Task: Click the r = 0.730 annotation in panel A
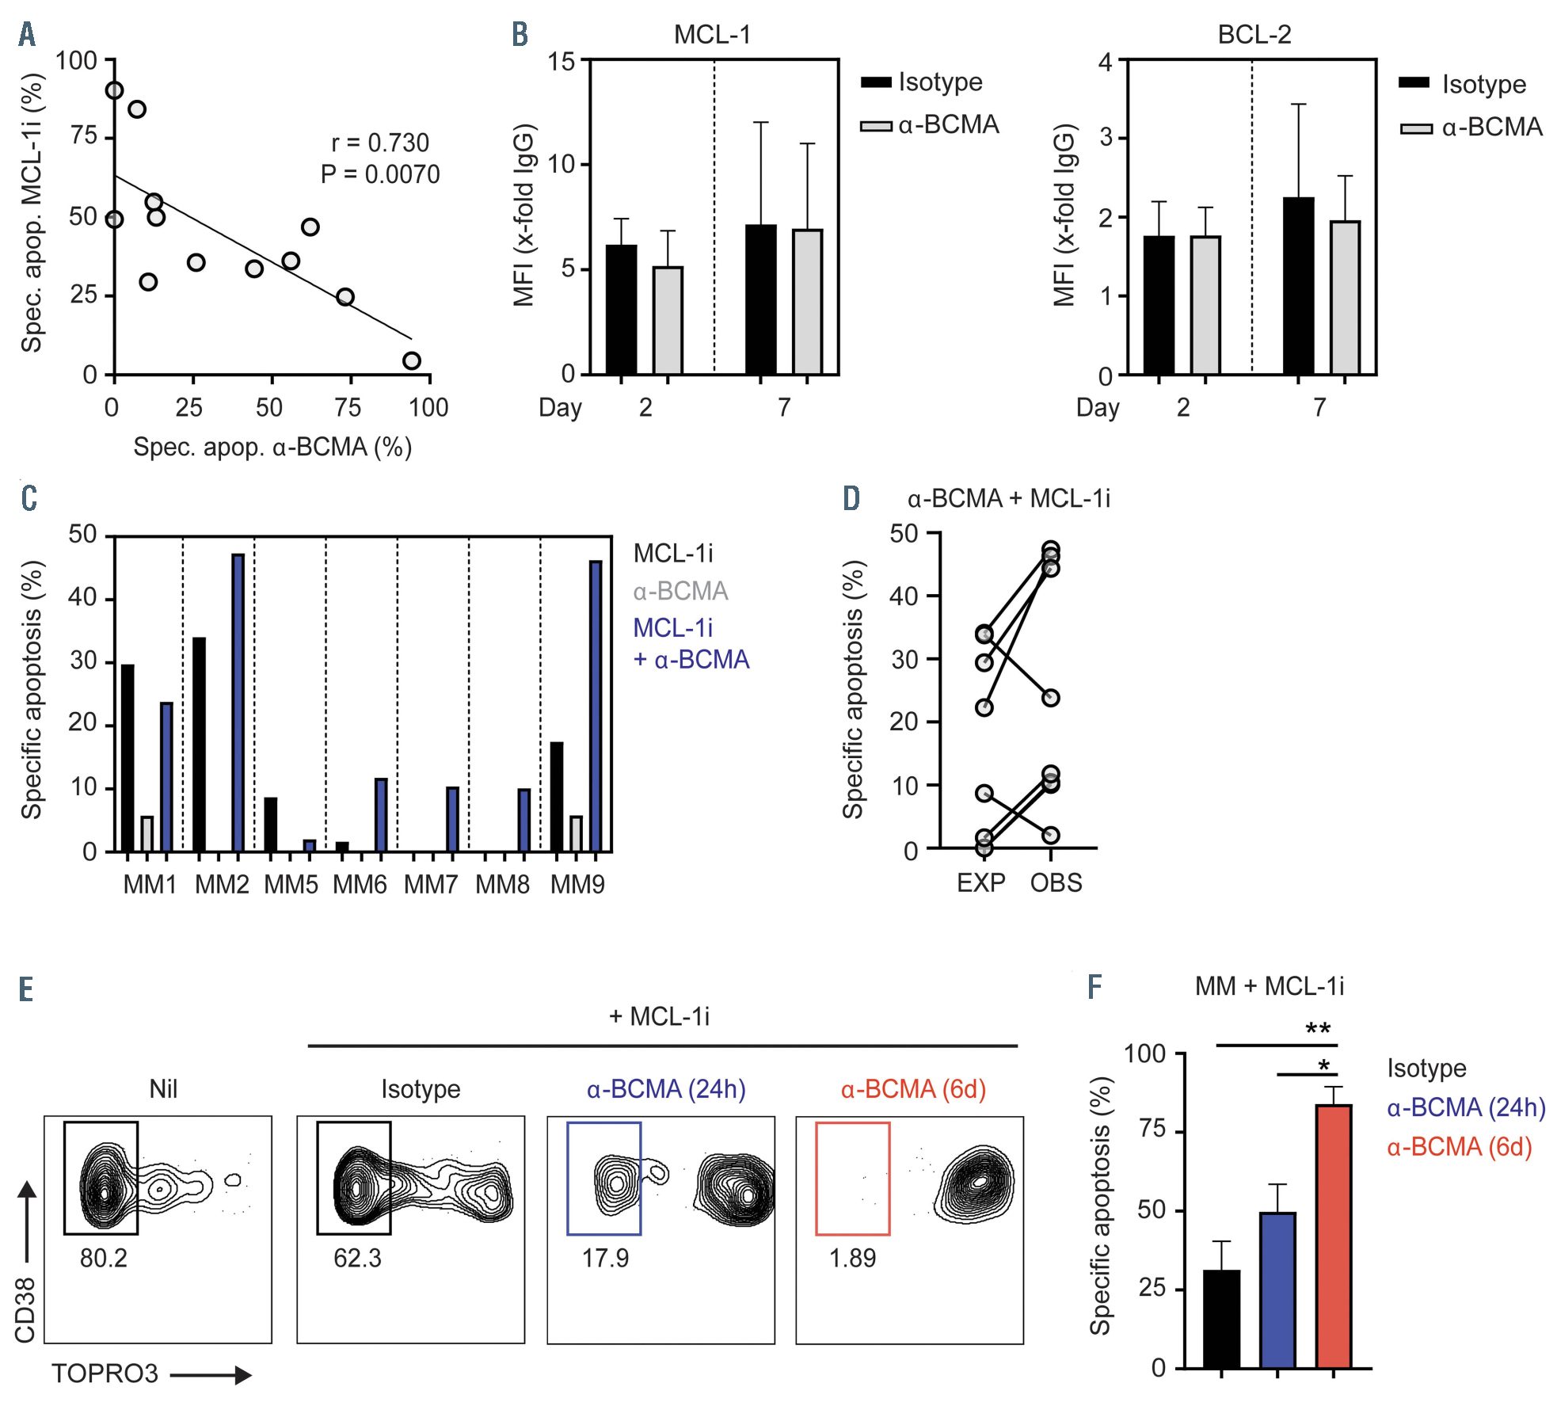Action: coord(379,143)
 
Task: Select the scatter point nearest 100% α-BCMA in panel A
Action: coord(411,360)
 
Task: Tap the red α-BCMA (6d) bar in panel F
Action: coord(1334,1236)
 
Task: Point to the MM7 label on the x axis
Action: coord(431,884)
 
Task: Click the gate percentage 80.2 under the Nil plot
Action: coord(104,1258)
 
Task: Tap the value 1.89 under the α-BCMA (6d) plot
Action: coord(852,1258)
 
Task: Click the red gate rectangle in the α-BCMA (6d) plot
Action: coord(853,1179)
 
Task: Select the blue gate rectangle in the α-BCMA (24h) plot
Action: coord(604,1179)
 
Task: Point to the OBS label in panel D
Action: coord(1056,882)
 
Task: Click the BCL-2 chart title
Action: coord(1254,35)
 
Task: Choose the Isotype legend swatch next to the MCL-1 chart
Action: coord(876,82)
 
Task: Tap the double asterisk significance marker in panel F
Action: coord(1318,1030)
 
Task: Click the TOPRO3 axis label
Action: coord(105,1373)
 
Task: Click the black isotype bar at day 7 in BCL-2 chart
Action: coord(1298,286)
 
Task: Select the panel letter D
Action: coord(851,498)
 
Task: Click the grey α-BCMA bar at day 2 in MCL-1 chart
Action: coord(668,320)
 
